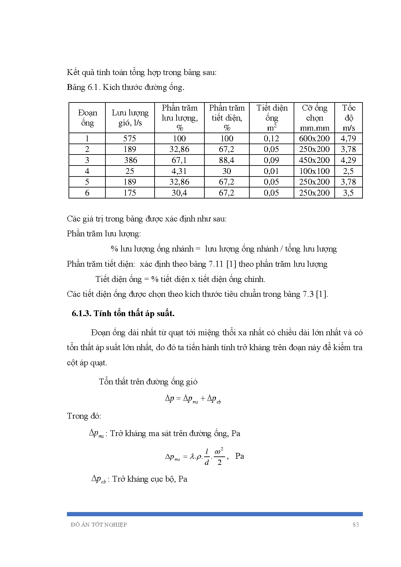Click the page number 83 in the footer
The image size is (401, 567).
pos(356,525)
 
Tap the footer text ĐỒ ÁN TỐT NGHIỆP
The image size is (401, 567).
pos(99,525)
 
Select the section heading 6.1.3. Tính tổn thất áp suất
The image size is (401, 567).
pos(123,313)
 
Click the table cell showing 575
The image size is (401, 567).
pos(130,138)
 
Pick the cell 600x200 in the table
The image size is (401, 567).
pos(314,138)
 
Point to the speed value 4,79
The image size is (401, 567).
pos(348,138)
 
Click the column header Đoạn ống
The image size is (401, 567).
pos(87,118)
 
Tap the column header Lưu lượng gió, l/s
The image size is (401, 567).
pos(130,118)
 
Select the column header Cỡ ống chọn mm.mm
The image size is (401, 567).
pos(314,118)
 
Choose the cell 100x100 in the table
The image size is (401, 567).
pos(314,171)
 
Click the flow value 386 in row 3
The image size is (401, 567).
pos(130,160)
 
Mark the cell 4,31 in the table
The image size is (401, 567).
pos(179,171)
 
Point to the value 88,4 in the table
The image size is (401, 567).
pos(227,160)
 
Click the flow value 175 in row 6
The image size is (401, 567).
pos(130,193)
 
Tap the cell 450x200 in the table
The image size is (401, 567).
pos(314,160)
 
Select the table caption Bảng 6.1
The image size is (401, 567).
pos(125,87)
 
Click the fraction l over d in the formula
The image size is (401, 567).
pos(207,457)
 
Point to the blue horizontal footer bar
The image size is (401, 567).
pos(215,514)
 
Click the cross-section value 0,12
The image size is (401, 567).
pos(271,138)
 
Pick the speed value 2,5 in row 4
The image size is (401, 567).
pos(348,171)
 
